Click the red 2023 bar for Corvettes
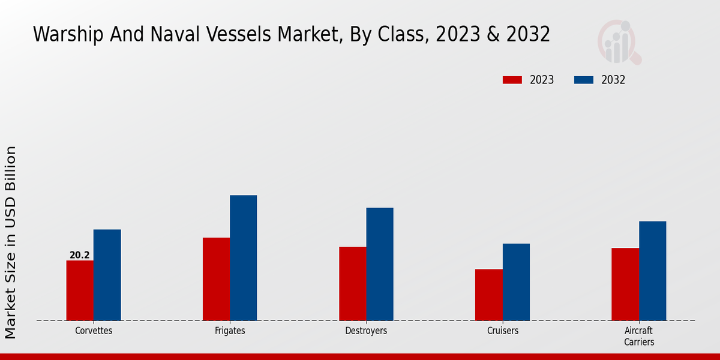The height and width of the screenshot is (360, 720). tap(80, 290)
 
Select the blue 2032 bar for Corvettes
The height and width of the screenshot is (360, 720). tap(107, 275)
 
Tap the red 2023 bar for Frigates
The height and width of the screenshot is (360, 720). tap(216, 279)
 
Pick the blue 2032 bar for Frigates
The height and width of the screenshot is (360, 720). tap(243, 258)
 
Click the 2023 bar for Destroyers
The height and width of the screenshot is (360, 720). tap(352, 284)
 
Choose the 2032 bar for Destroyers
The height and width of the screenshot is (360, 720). tap(380, 264)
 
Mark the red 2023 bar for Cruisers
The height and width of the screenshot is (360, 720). tap(488, 295)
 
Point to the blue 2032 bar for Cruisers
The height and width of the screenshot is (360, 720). tap(516, 282)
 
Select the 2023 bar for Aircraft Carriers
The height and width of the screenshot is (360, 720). tap(625, 284)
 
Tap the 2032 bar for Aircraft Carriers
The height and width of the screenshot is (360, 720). tap(652, 271)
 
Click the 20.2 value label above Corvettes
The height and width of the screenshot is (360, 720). tap(80, 255)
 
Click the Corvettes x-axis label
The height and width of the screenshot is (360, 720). tap(94, 331)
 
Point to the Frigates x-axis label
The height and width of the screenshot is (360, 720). tap(230, 331)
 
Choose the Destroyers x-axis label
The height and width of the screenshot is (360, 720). tap(366, 331)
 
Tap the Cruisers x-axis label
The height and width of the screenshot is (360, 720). tap(502, 331)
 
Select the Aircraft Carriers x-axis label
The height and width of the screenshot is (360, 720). tap(638, 336)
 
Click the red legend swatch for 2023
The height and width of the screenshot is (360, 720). tap(512, 80)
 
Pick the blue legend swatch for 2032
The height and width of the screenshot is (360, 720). tap(584, 80)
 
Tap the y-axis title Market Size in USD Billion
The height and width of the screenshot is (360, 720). tap(11, 242)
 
